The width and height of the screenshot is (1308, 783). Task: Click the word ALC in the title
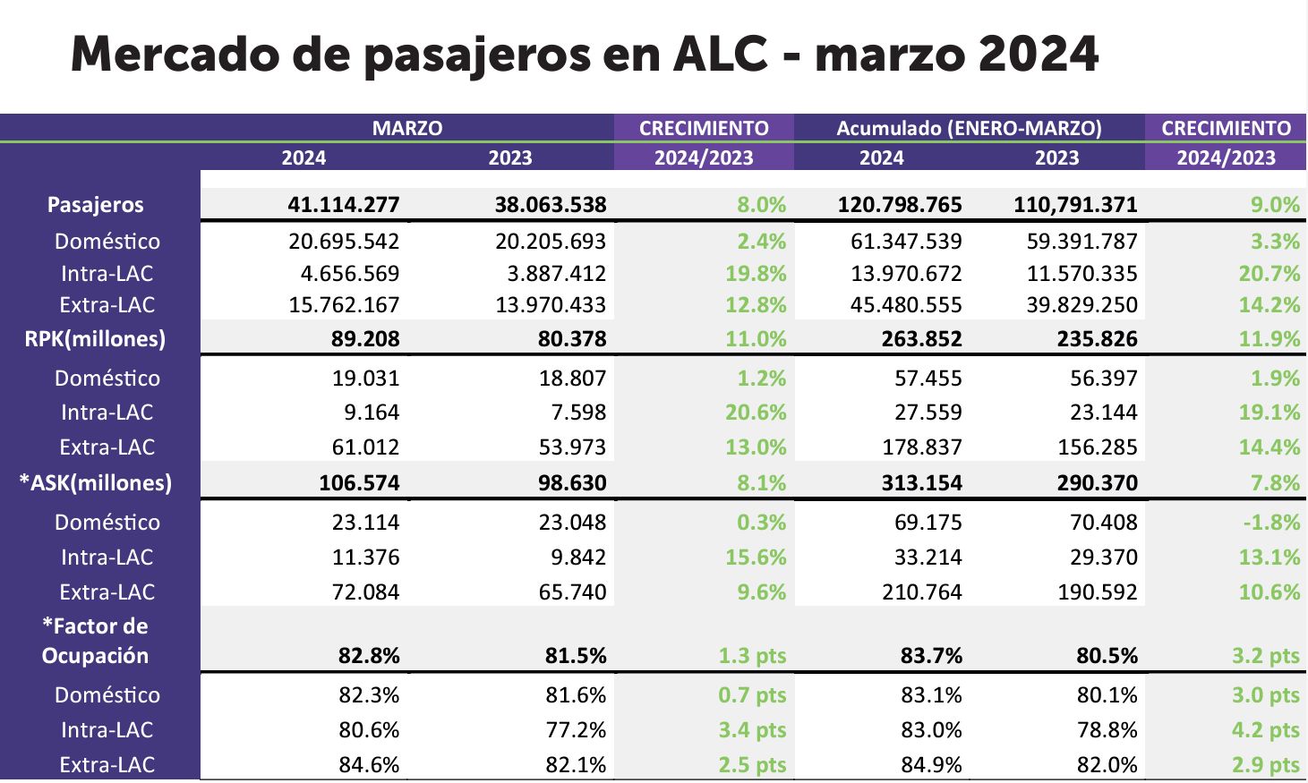(720, 55)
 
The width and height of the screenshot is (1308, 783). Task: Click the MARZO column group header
(407, 128)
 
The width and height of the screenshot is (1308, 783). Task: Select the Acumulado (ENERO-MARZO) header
(969, 128)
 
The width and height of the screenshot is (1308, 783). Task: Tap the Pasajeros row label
(95, 205)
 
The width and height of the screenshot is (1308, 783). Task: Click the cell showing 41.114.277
(344, 205)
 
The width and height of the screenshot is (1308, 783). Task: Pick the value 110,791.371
(1075, 205)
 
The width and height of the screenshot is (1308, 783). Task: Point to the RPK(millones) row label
(95, 339)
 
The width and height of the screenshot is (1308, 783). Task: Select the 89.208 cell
(365, 339)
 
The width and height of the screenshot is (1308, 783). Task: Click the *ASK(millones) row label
(96, 483)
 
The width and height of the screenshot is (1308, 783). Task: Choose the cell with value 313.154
(922, 483)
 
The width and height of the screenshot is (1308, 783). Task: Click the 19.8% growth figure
(756, 274)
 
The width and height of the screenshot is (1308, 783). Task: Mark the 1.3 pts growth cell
(752, 657)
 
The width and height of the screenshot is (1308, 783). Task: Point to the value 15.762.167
(344, 305)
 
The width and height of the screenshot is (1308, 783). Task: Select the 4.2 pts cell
(1265, 730)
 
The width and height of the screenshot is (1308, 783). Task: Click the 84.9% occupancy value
(931, 765)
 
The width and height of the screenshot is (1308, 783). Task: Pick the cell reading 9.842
(578, 557)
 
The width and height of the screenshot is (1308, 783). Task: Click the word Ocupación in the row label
(95, 657)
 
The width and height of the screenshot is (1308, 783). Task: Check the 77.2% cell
(576, 730)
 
